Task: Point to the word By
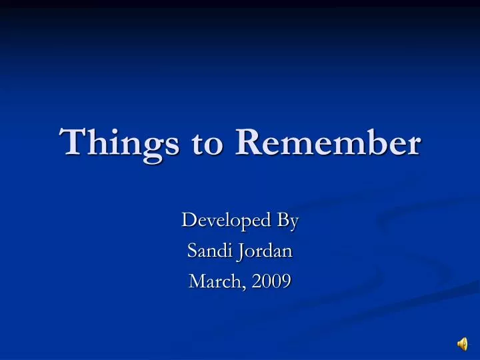tap(287, 220)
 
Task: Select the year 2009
tap(272, 281)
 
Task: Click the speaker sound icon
tap(462, 343)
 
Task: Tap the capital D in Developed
tap(189, 220)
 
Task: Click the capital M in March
tap(197, 281)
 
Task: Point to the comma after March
tap(247, 287)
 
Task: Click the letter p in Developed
tap(249, 223)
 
